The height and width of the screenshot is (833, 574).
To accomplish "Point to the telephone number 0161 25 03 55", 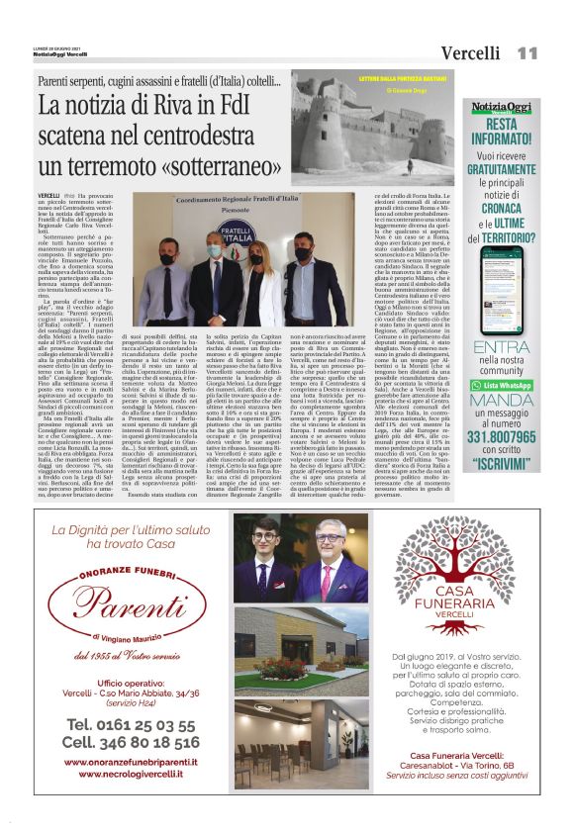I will coord(129,723).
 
